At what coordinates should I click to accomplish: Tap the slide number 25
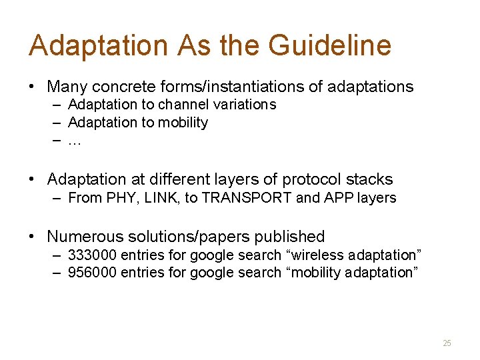447,343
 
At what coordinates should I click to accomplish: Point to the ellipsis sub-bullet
74,141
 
